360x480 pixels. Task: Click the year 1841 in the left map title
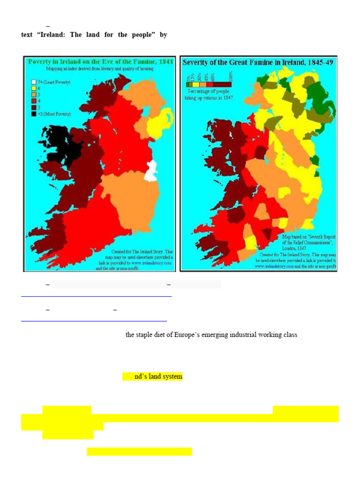(163, 62)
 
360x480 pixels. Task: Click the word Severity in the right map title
(196, 62)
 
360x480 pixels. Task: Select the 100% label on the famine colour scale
(230, 75)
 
